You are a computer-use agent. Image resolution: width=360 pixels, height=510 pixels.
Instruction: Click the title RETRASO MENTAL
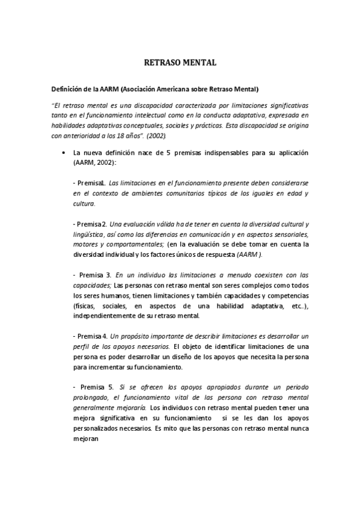[180, 62]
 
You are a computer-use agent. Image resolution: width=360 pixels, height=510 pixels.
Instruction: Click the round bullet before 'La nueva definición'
[64, 153]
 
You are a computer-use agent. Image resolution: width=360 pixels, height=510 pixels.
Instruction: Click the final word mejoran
[85, 439]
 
